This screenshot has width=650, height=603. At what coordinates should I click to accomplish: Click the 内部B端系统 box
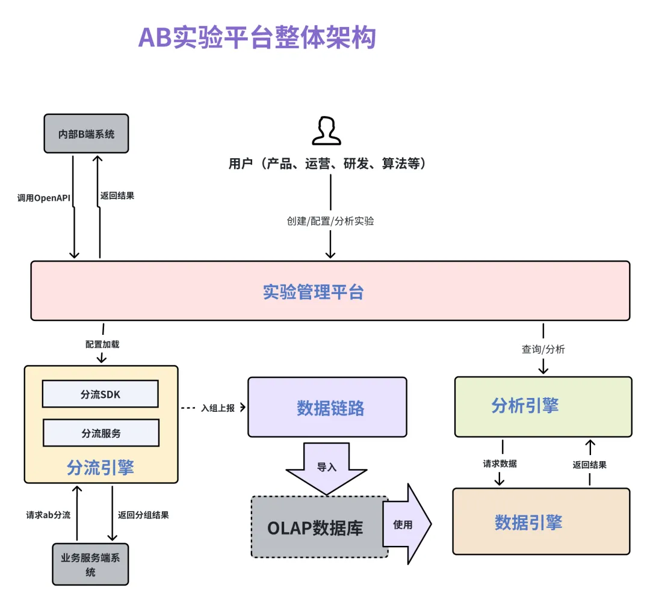tap(86, 134)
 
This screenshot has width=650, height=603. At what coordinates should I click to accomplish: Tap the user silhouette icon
tap(326, 131)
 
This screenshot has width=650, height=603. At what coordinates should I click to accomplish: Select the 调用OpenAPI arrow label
tap(43, 198)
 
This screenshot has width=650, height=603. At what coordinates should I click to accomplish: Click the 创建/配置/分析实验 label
tap(330, 221)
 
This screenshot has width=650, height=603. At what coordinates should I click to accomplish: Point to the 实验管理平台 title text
tap(314, 292)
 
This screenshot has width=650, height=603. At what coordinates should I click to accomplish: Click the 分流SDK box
tap(101, 394)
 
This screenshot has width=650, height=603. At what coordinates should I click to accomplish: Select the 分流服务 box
tap(101, 433)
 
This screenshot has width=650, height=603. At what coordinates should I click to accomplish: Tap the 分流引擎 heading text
tap(101, 468)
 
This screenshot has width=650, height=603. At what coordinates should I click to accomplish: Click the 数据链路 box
tap(327, 407)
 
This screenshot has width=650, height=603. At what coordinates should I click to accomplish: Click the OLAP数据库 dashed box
tap(320, 527)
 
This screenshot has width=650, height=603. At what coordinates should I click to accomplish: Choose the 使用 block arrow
tap(407, 524)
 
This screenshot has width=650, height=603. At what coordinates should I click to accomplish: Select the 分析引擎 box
tap(543, 406)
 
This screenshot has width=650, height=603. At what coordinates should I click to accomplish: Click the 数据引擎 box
tap(542, 521)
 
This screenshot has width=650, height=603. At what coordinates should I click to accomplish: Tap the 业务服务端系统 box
tap(90, 564)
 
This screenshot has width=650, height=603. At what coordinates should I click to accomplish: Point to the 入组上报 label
tap(218, 408)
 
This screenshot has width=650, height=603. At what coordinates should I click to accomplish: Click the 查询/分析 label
tap(543, 349)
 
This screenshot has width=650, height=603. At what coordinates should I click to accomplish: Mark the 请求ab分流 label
tap(48, 515)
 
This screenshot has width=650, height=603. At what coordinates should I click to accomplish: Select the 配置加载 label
tap(102, 344)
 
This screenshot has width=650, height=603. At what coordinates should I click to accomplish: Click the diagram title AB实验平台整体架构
tap(257, 37)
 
